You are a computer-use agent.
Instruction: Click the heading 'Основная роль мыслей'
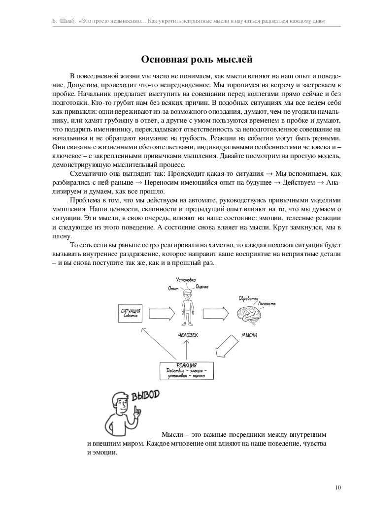197,60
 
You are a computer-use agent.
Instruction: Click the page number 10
337,488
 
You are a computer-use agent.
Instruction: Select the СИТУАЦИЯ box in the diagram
131,313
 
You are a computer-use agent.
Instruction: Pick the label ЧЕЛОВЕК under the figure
188,335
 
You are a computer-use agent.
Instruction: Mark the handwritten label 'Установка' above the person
186,279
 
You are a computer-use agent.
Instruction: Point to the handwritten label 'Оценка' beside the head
202,286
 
